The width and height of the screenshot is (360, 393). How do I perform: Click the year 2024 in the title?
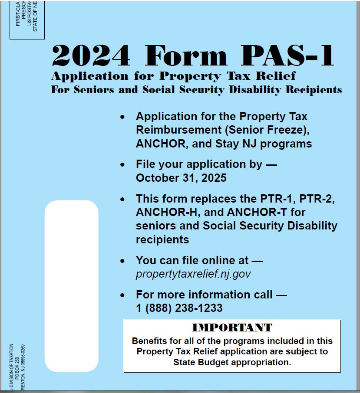tap(90, 55)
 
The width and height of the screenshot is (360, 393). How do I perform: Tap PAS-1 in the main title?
tap(287, 55)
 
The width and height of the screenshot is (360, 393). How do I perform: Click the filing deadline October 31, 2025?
tap(181, 178)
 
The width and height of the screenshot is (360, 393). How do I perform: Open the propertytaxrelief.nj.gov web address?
tap(193, 274)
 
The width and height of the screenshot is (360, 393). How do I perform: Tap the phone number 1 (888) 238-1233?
tap(179, 308)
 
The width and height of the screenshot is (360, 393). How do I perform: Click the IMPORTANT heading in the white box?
tap(232, 327)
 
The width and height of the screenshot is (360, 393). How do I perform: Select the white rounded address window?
tap(72, 286)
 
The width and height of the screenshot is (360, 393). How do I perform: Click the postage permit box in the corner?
tap(27, 20)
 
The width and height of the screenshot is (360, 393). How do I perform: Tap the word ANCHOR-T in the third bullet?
tap(253, 212)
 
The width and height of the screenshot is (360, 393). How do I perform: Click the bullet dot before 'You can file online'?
tap(123, 261)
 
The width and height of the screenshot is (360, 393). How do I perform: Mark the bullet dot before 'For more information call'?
tap(123, 295)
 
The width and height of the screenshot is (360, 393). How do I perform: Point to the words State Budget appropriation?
tap(232, 362)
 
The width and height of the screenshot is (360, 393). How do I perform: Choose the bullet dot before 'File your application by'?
tap(123, 164)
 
